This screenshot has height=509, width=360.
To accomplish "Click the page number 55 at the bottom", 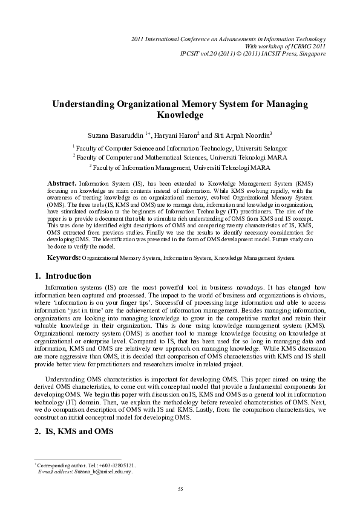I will (x=180, y=488).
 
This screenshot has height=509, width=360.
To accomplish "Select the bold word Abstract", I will (x=62, y=182).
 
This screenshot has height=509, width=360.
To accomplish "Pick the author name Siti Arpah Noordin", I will (x=240, y=134).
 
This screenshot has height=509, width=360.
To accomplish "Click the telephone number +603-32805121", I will (x=116, y=465).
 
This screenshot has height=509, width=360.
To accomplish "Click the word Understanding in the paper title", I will (x=86, y=104).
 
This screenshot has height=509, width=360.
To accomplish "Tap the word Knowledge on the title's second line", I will (x=180, y=115).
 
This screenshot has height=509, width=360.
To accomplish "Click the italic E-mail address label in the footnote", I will (x=54, y=472).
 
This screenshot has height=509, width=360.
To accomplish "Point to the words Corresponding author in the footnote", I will (x=61, y=465).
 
